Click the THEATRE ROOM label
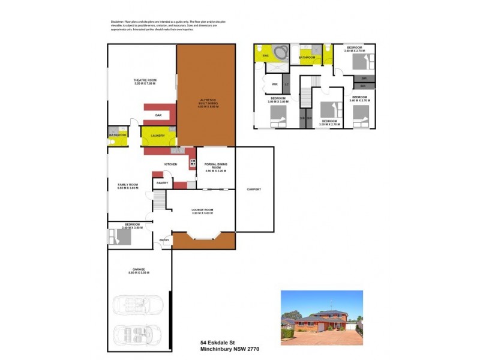(x=144, y=82)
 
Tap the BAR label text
(x=158, y=115)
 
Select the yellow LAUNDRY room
(x=158, y=136)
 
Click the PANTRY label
(x=162, y=182)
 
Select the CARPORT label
(x=254, y=189)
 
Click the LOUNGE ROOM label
(x=203, y=211)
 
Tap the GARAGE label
(x=139, y=271)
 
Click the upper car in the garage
(x=139, y=305)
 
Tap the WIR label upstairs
(x=274, y=85)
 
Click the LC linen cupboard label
(x=286, y=85)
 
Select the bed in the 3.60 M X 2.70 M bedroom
(x=364, y=60)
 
